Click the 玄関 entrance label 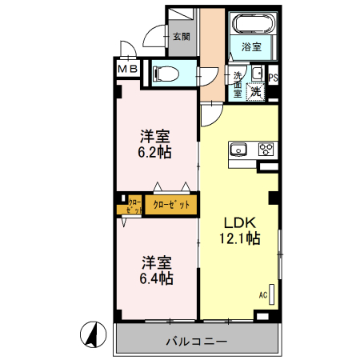click(x=181, y=36)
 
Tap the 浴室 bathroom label click(x=251, y=47)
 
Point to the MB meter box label click(x=128, y=70)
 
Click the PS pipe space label click(x=273, y=78)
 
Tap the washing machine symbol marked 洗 click(x=255, y=90)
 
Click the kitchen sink click(x=239, y=148)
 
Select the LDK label click(x=238, y=222)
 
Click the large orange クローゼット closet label click(x=171, y=205)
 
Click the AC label click(x=262, y=295)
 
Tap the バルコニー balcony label click(x=196, y=340)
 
